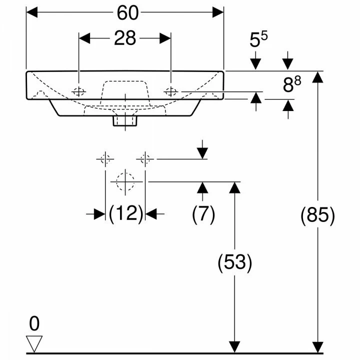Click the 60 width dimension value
click(x=127, y=13)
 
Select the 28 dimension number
click(x=125, y=38)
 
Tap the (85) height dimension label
click(x=318, y=215)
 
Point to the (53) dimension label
click(x=234, y=262)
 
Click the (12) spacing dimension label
click(x=126, y=214)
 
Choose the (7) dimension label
click(x=203, y=214)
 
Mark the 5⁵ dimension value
click(x=258, y=39)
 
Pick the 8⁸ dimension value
click(x=292, y=84)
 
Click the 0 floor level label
click(x=34, y=323)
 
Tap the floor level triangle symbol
click(x=34, y=343)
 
